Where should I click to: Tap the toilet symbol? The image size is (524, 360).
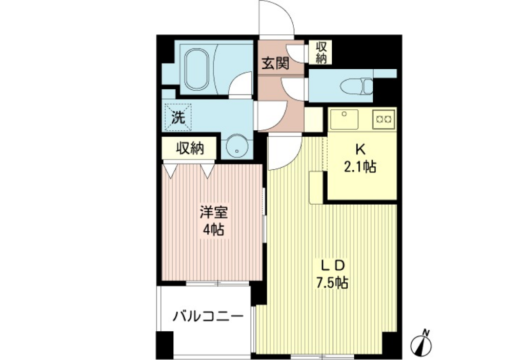click(x=356, y=86)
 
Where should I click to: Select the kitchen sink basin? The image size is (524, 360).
click(x=344, y=119)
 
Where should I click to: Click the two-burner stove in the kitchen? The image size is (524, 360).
click(x=384, y=119)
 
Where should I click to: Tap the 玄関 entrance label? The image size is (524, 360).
click(x=275, y=63)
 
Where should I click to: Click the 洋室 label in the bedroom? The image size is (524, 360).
click(x=214, y=213)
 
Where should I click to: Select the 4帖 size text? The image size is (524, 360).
click(x=214, y=230)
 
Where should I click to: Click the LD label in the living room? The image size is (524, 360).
click(x=332, y=266)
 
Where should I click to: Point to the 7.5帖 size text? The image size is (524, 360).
click(x=332, y=283)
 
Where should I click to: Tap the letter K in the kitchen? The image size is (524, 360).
click(x=360, y=150)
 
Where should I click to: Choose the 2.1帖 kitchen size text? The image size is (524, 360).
click(x=360, y=166)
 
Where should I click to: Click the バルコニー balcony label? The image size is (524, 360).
click(x=208, y=316)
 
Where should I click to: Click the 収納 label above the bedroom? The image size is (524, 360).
click(x=190, y=148)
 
